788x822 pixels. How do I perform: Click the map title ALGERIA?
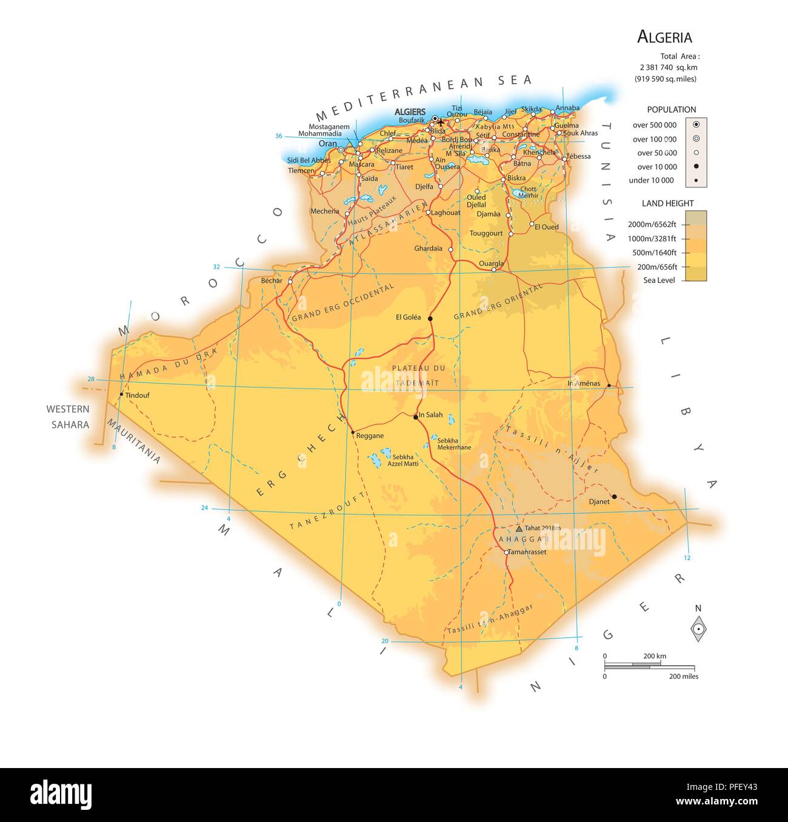(x=664, y=37)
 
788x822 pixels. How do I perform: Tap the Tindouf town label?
(x=137, y=395)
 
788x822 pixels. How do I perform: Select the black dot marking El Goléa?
(x=430, y=318)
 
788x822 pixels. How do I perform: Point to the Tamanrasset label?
(x=527, y=552)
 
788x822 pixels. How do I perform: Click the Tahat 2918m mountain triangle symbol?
(x=519, y=529)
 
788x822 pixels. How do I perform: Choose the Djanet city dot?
(x=614, y=496)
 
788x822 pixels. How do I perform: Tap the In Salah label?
(x=431, y=415)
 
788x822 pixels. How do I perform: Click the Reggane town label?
(x=370, y=436)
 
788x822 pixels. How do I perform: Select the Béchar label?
(x=272, y=281)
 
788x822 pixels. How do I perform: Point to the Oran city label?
(x=327, y=144)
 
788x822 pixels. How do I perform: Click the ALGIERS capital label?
(x=410, y=112)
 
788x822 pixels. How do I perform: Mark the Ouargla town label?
(x=491, y=264)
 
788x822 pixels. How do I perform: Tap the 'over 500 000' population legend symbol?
(x=696, y=124)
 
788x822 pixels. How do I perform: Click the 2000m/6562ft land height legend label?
(x=652, y=224)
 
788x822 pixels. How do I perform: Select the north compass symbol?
(x=698, y=629)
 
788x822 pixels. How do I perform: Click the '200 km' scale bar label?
(x=655, y=656)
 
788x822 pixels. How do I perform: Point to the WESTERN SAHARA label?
(x=68, y=417)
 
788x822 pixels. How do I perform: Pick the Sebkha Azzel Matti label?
(x=403, y=460)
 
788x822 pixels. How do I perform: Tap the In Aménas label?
(x=583, y=383)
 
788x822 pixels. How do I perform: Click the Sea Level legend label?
(x=659, y=281)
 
